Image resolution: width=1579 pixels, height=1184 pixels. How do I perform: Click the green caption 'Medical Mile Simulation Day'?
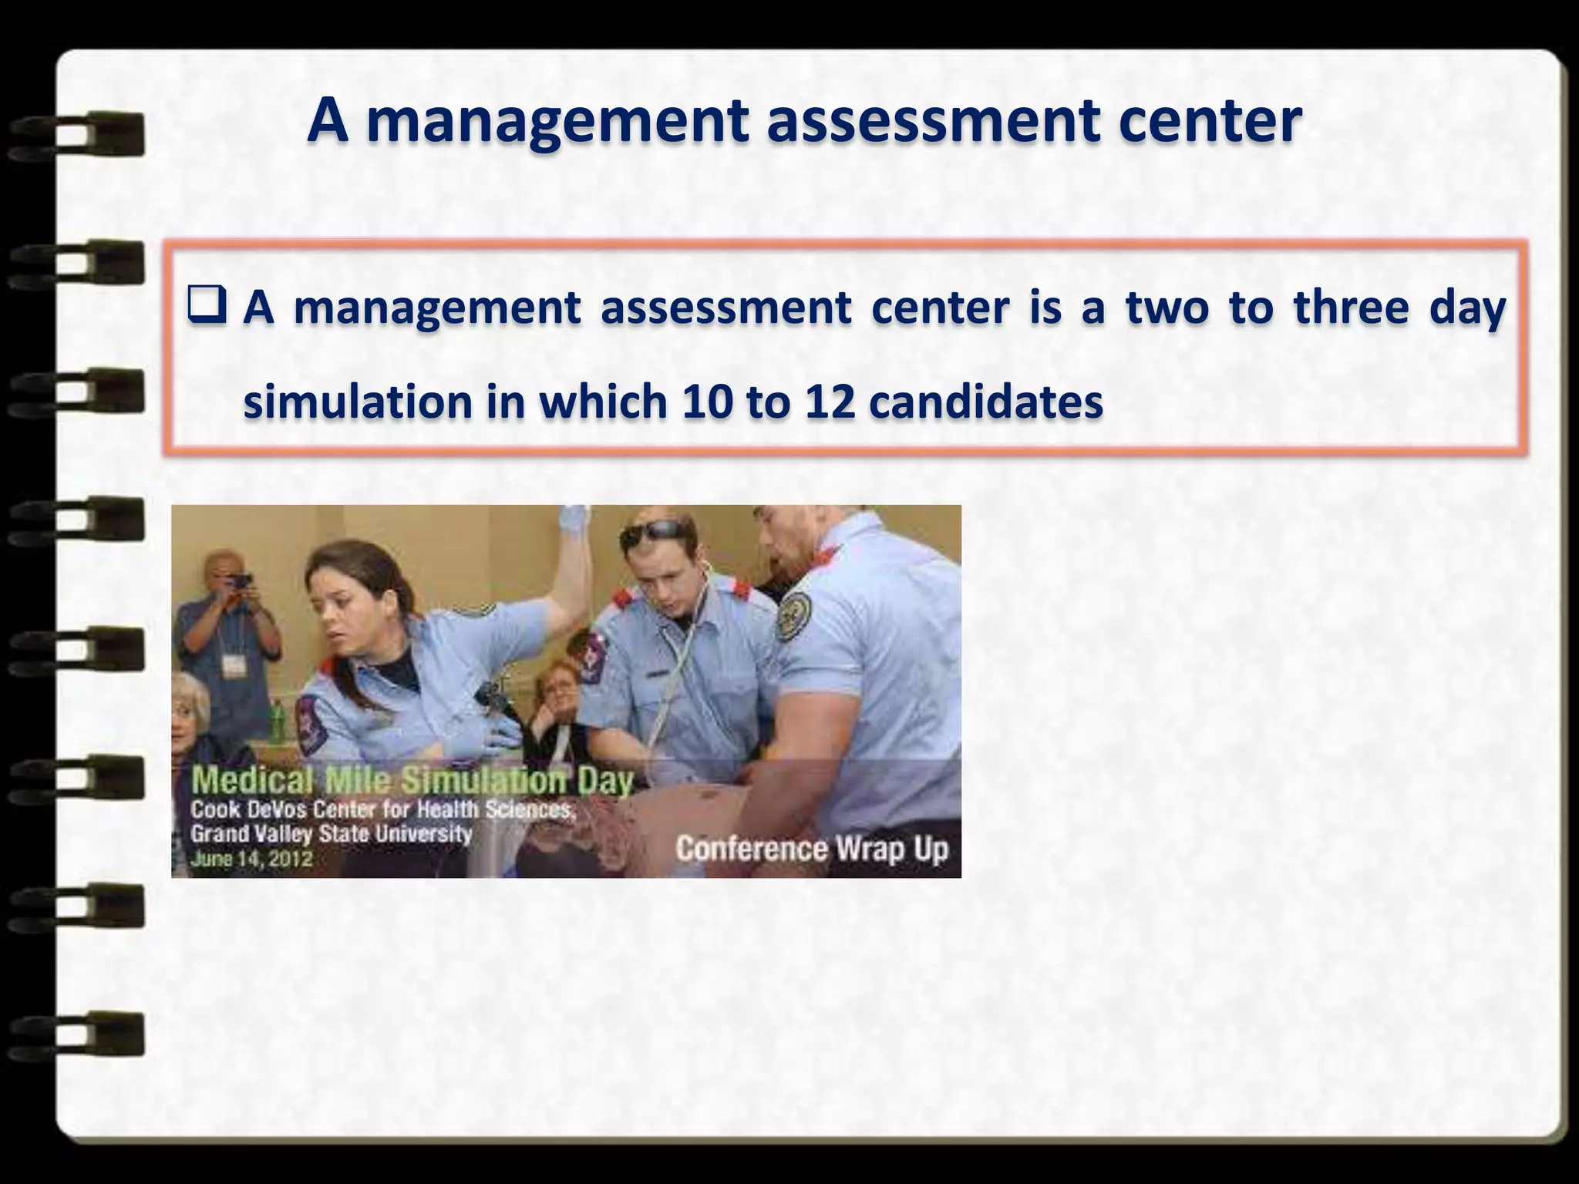coord(412,780)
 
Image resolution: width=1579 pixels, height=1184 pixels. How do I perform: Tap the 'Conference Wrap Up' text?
coord(812,849)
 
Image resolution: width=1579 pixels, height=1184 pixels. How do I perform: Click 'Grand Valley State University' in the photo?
coord(331,834)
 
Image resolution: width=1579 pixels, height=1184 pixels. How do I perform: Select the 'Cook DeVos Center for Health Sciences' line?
coord(382,809)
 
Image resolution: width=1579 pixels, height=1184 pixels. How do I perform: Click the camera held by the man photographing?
coord(240,580)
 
